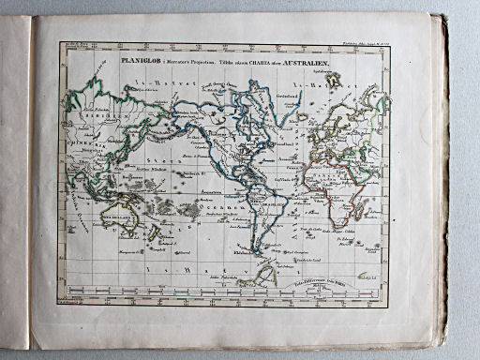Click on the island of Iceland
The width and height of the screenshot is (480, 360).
[x=302, y=117]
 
